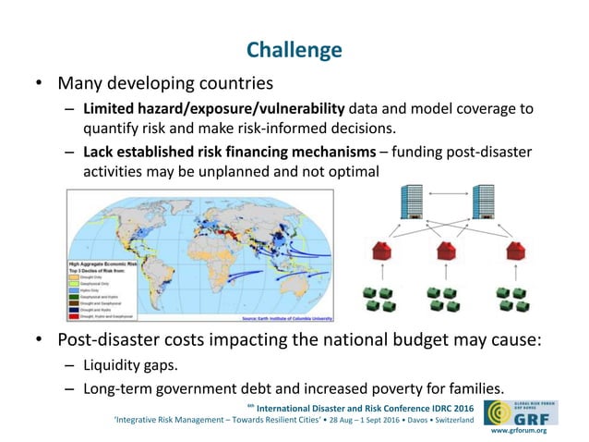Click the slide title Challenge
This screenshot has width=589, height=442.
294,49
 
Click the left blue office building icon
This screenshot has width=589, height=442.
412,203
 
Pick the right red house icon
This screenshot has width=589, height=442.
514,251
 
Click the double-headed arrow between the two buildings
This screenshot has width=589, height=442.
448,195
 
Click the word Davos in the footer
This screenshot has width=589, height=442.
402,420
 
